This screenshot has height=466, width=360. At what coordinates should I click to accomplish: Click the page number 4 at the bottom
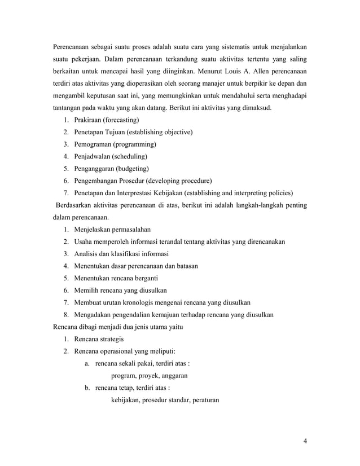pos(305,441)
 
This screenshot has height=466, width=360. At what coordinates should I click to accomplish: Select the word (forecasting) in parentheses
pos(116,120)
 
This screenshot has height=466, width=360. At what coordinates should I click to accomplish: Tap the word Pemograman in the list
pos(93,144)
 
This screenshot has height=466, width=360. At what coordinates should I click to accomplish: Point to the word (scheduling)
pos(130,156)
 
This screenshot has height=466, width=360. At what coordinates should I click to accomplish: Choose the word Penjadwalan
pos(93,156)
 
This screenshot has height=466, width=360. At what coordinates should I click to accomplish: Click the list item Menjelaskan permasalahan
pos(112,230)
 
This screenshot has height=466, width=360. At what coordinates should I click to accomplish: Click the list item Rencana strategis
pos(99,339)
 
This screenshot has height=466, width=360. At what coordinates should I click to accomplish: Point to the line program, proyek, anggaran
pos(150,376)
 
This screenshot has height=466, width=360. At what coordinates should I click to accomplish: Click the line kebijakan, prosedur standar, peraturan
pos(165,400)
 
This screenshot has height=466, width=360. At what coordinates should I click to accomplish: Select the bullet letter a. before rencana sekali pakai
pos(87,363)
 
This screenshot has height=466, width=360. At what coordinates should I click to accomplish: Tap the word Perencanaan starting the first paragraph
pos(76,46)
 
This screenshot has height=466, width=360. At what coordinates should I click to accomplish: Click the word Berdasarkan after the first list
pos(75,205)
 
